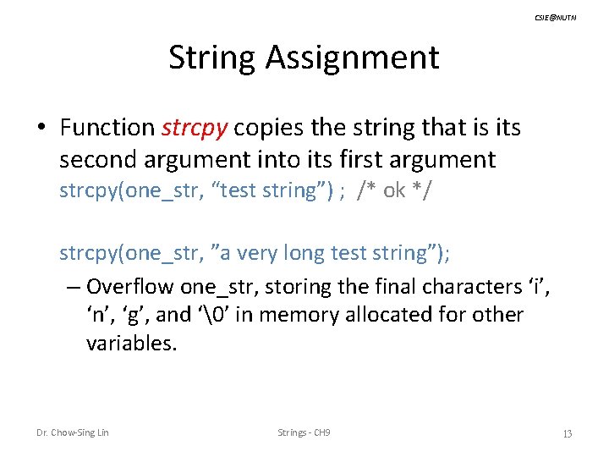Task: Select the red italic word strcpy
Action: (x=194, y=128)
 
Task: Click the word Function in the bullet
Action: (x=107, y=128)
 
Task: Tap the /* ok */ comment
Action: (x=393, y=190)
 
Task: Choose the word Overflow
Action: (x=127, y=286)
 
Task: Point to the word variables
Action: (x=131, y=344)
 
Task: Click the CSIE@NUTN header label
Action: (x=555, y=18)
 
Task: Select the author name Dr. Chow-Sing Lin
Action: (x=72, y=433)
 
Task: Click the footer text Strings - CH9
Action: (x=304, y=433)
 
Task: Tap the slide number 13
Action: (x=567, y=434)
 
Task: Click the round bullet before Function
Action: (x=41, y=129)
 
